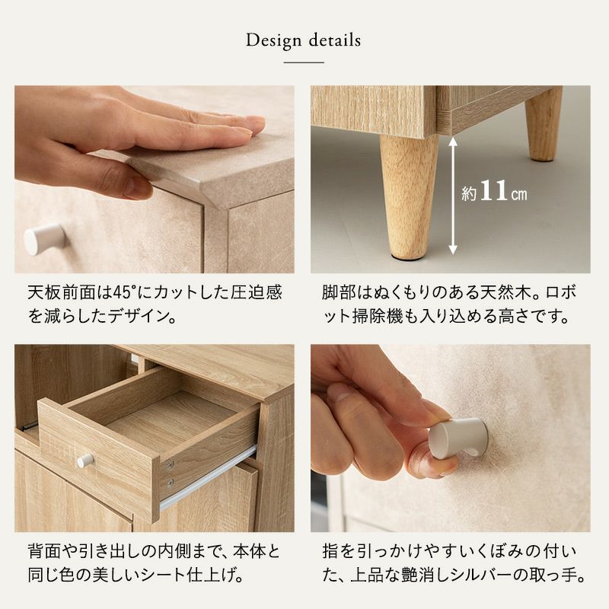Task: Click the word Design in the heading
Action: point(273,40)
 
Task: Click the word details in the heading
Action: point(335,40)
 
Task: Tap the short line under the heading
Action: point(304,62)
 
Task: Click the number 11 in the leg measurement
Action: point(493,190)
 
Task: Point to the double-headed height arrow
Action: point(453,196)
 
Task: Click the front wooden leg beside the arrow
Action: point(409,197)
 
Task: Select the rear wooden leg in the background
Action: point(544,123)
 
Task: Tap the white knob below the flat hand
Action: point(44,239)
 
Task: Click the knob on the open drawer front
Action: point(85,461)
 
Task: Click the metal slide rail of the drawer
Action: point(209,478)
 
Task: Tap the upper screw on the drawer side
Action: point(170,464)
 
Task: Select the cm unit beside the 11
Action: point(518,193)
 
